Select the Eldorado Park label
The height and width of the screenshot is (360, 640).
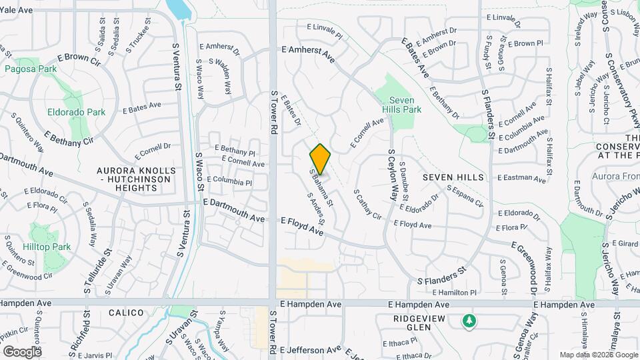click(75, 111)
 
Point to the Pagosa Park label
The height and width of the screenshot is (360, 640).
click(30, 69)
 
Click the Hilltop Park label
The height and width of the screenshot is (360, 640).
click(51, 247)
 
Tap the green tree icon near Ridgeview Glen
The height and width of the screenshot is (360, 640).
click(469, 321)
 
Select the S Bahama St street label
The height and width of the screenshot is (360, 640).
click(321, 187)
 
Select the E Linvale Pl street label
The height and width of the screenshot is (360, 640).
click(324, 30)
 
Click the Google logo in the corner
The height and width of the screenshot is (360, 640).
click(23, 351)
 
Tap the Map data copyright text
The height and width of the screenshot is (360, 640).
click(598, 355)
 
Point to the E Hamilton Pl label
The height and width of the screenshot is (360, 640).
click(455, 292)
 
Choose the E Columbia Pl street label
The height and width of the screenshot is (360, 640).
click(229, 181)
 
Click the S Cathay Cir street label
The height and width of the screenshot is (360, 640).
click(367, 207)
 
